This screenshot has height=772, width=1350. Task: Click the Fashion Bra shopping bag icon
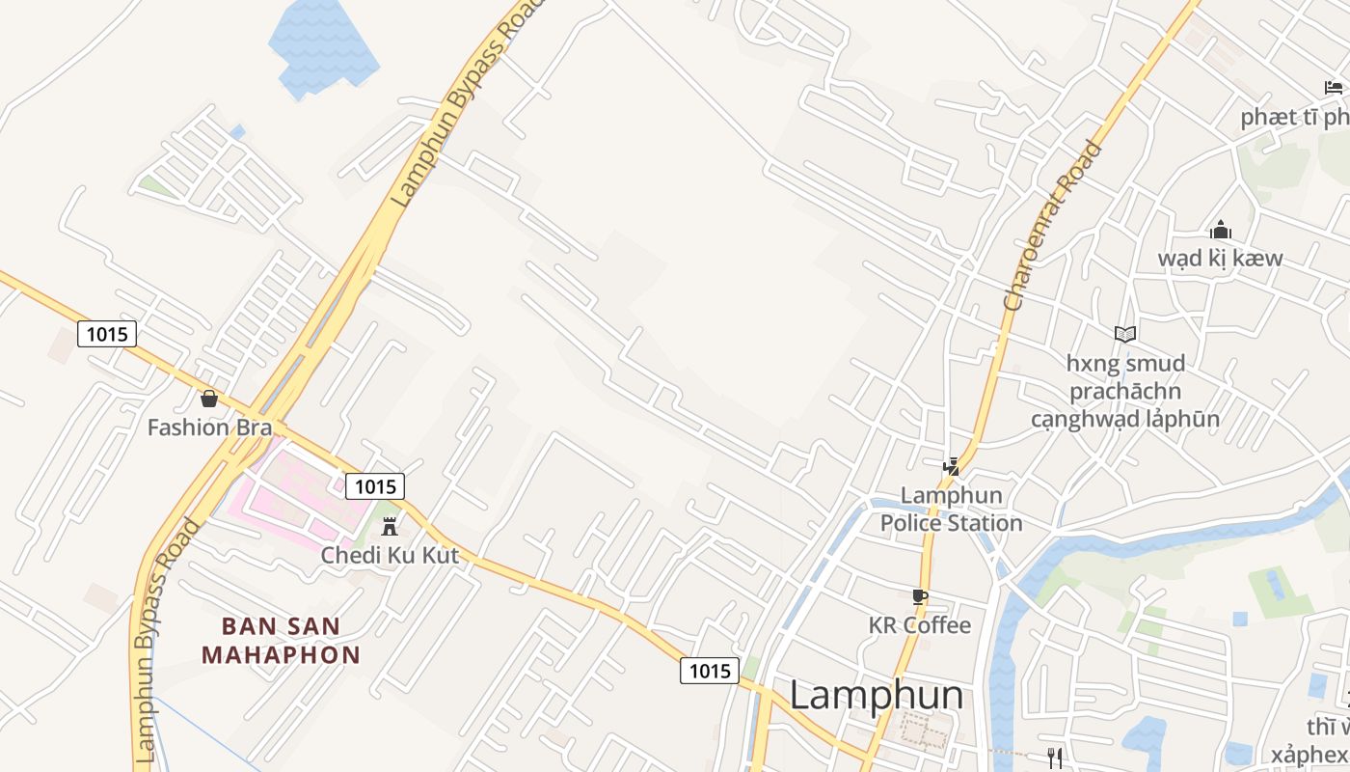pyautogui.click(x=208, y=398)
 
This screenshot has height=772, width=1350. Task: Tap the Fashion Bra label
pyautogui.click(x=209, y=427)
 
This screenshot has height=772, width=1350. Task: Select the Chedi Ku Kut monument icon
pyautogui.click(x=390, y=527)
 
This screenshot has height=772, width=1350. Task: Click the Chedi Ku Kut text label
pyautogui.click(x=390, y=555)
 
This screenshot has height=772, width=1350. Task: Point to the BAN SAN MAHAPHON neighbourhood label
pyautogui.click(x=281, y=640)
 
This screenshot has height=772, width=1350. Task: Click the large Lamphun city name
pyautogui.click(x=876, y=695)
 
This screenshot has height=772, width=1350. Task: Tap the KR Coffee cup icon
pyautogui.click(x=919, y=597)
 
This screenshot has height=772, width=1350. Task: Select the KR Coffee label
pyautogui.click(x=919, y=625)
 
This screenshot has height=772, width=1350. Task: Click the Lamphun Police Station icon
pyautogui.click(x=952, y=467)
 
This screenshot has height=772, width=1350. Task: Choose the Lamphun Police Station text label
pyautogui.click(x=951, y=510)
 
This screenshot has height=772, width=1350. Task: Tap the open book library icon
pyautogui.click(x=1124, y=334)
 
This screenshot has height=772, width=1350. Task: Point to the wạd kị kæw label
pyautogui.click(x=1220, y=259)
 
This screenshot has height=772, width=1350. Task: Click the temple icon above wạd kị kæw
pyautogui.click(x=1220, y=230)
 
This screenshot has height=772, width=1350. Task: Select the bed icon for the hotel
pyautogui.click(x=1334, y=88)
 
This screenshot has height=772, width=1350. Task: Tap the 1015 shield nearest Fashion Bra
pyautogui.click(x=106, y=334)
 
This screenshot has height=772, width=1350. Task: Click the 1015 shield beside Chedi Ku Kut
pyautogui.click(x=374, y=486)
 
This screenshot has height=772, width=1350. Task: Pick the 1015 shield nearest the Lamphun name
pyautogui.click(x=710, y=670)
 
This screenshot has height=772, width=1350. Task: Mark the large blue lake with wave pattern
pyautogui.click(x=322, y=46)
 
